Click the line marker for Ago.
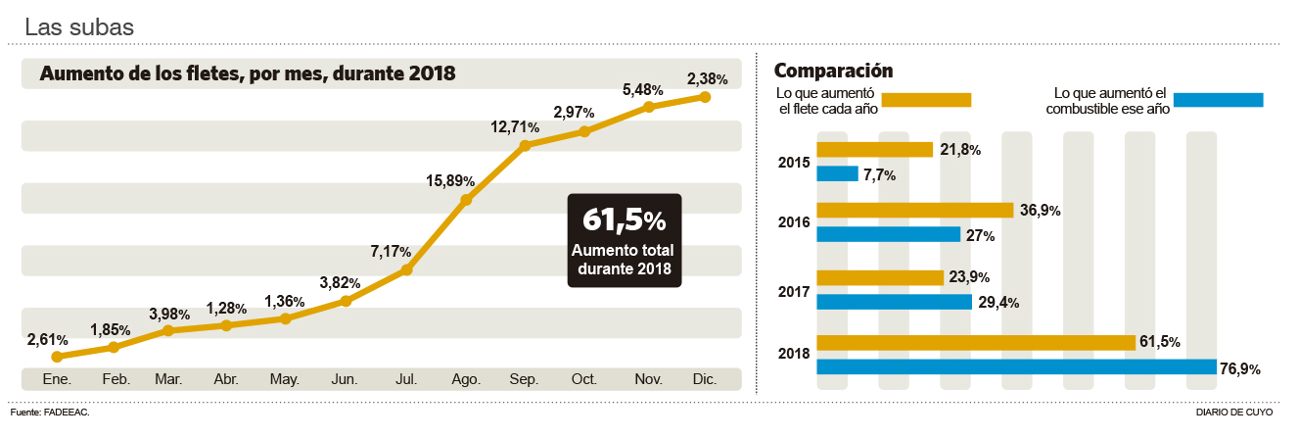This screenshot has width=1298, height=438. [x=466, y=200]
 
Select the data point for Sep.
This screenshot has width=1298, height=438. [x=525, y=145]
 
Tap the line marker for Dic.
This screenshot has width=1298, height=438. [x=704, y=96]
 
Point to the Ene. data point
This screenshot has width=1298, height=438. [x=57, y=357]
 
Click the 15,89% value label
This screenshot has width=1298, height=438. [x=450, y=181]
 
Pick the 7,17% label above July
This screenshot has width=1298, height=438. [x=391, y=252]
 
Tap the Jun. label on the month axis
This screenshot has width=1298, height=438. [x=345, y=378]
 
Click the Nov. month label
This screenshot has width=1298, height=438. [x=646, y=378]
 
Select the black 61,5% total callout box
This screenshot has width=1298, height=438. [x=624, y=240]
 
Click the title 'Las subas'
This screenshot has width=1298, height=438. [x=79, y=27]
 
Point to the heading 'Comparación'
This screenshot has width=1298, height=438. [x=833, y=71]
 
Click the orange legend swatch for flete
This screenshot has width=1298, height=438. [x=926, y=99]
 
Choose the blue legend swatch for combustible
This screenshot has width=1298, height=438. [x=1218, y=99]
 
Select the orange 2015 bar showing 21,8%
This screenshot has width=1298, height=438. [x=874, y=149]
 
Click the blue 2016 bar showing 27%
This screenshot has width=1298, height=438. [x=888, y=234]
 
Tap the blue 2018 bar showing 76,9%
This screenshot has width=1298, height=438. [x=1016, y=366]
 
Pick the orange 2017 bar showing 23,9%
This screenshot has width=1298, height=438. [x=879, y=277]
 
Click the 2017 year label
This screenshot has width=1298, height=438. [x=794, y=291]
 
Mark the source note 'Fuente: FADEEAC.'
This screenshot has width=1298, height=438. [x=50, y=413]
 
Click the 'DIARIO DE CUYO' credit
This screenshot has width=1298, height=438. [x=1234, y=413]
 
